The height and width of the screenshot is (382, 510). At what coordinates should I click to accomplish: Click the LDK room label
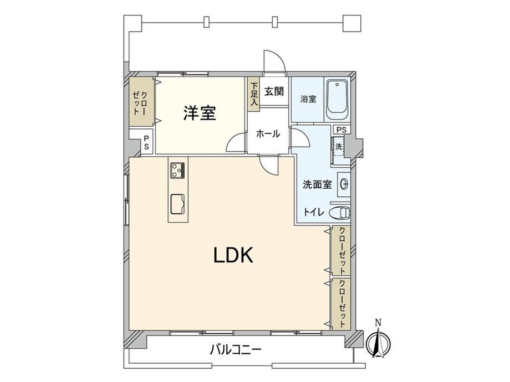[233, 255]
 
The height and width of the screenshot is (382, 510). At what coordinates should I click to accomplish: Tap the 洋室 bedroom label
[200, 113]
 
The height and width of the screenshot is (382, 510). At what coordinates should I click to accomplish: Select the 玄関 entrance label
[274, 91]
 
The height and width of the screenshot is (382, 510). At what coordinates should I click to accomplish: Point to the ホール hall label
[268, 133]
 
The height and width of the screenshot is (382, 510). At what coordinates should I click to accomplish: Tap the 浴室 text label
[308, 99]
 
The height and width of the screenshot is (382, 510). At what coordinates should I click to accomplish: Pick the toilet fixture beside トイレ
[340, 213]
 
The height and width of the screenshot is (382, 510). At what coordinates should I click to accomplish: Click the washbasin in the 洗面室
[344, 184]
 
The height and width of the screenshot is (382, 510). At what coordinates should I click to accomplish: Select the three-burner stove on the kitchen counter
[177, 170]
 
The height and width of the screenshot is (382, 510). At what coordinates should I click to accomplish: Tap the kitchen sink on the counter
[177, 204]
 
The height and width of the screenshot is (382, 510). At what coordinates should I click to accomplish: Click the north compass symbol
[378, 342]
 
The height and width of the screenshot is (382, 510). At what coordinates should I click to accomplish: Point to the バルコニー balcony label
[236, 350]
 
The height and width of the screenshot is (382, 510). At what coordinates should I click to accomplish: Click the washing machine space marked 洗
[339, 147]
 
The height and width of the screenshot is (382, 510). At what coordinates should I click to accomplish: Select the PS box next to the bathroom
[341, 130]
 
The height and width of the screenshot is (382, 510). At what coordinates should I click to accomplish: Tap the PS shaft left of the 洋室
[146, 142]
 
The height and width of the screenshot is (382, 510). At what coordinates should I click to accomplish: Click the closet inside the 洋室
[141, 102]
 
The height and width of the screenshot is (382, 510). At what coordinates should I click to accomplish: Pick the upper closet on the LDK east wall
[341, 250]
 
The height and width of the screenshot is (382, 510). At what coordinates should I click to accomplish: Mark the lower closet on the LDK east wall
[341, 303]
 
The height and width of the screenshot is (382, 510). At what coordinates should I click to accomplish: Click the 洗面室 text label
[318, 184]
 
